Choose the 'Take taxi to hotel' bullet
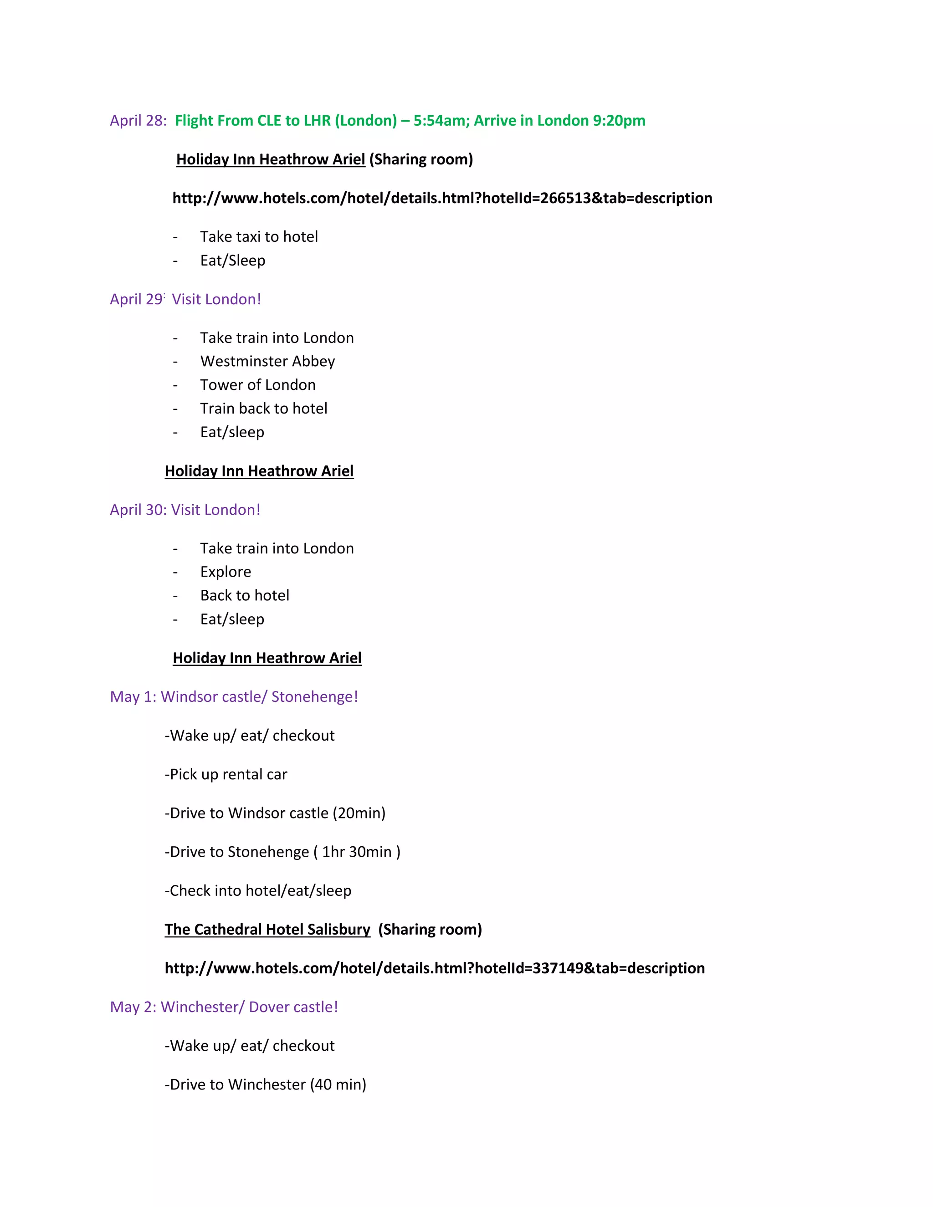pyautogui.click(x=259, y=236)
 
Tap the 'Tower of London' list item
pyautogui.click(x=257, y=385)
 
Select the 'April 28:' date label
pyautogui.click(x=138, y=121)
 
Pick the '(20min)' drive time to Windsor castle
pyautogui.click(x=359, y=813)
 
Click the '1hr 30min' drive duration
pyautogui.click(x=357, y=852)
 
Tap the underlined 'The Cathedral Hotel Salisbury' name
pyautogui.click(x=267, y=929)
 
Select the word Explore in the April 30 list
pyautogui.click(x=226, y=572)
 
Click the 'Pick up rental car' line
pyautogui.click(x=226, y=774)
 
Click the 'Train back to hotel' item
pyautogui.click(x=264, y=409)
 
